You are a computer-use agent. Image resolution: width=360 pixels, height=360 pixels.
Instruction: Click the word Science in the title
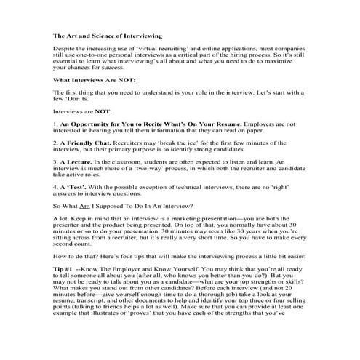click(x=104, y=35)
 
